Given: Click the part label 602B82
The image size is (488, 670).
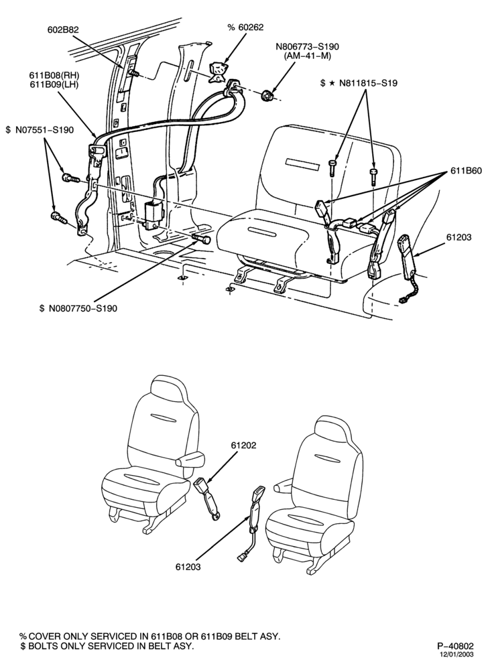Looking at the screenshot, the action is click(63, 29).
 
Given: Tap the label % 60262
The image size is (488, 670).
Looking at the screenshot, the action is click(245, 27).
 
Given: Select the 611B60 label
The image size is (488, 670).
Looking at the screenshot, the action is click(466, 171).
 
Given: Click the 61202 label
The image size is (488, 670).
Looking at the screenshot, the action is click(243, 446).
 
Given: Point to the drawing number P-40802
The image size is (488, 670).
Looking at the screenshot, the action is click(455, 646).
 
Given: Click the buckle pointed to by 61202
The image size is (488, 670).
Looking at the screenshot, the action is click(209, 500).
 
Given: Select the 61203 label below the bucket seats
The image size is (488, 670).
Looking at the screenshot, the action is click(188, 567).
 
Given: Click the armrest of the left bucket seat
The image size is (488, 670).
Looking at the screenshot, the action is click(189, 461).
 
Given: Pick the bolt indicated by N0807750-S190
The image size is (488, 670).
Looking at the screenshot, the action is click(202, 237).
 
